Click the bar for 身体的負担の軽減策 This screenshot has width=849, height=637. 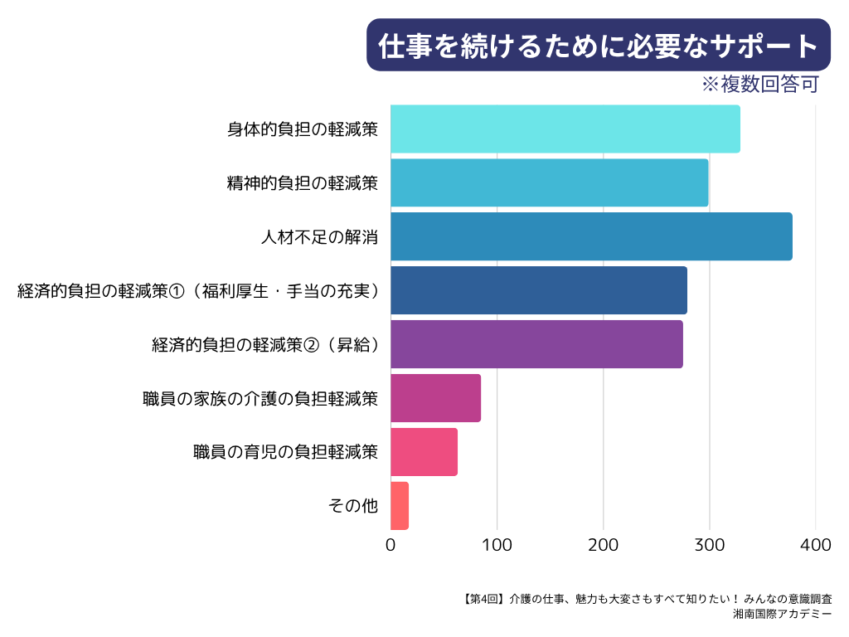click(565, 129)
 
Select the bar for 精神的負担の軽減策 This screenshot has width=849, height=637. click(549, 182)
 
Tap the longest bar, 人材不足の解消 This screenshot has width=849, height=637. click(591, 236)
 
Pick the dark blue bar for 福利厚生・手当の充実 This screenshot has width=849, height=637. click(538, 290)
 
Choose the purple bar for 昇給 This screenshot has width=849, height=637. click(536, 344)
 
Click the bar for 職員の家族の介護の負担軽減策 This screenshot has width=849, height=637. click(435, 398)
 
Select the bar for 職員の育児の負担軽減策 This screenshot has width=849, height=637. click(424, 452)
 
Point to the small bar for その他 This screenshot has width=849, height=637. click(400, 506)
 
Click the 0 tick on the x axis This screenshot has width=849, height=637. click(391, 546)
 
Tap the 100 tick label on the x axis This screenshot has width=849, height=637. click(497, 546)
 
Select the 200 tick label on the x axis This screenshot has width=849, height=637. click(603, 546)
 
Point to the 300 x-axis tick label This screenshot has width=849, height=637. click(709, 546)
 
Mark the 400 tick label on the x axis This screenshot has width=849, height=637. click(816, 546)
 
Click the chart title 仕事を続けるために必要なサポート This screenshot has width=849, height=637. click(599, 46)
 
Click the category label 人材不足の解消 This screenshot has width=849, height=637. click(319, 236)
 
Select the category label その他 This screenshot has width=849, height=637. click(354, 506)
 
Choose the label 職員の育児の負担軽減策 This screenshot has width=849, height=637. click(285, 452)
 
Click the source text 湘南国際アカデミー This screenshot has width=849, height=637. click(783, 615)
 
